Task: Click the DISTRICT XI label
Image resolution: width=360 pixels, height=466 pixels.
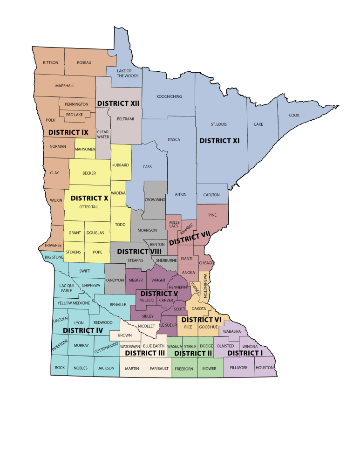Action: click(x=219, y=140)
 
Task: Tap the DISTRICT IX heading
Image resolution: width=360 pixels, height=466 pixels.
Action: click(x=68, y=132)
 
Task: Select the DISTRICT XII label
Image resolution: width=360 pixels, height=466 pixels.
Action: click(x=118, y=103)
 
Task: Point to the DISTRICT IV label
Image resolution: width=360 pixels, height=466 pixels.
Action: click(x=83, y=330)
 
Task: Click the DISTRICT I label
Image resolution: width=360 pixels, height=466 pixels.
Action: click(x=245, y=353)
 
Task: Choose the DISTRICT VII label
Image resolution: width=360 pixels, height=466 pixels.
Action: click(x=190, y=239)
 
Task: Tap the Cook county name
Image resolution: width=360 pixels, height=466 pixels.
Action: click(x=294, y=115)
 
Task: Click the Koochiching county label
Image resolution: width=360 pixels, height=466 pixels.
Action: click(x=169, y=96)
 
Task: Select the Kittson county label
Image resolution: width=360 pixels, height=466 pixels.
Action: click(x=50, y=62)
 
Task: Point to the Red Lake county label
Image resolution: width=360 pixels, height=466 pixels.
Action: click(x=75, y=115)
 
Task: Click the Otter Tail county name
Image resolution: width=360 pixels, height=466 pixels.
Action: click(x=88, y=207)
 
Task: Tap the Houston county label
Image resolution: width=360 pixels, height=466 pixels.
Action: click(x=265, y=368)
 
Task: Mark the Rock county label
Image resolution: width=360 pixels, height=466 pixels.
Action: click(x=60, y=368)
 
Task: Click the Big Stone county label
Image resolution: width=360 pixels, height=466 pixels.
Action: click(x=54, y=257)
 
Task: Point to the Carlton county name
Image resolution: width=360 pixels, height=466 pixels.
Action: click(x=211, y=195)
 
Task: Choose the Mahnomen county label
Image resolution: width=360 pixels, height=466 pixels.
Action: click(x=85, y=149)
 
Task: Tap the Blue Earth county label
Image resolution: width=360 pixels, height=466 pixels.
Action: click(x=153, y=346)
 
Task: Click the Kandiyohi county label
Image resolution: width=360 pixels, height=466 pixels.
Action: click(x=115, y=280)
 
